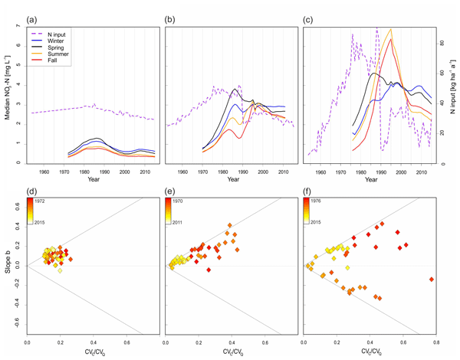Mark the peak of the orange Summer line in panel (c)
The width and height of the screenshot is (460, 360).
[x=391, y=29]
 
